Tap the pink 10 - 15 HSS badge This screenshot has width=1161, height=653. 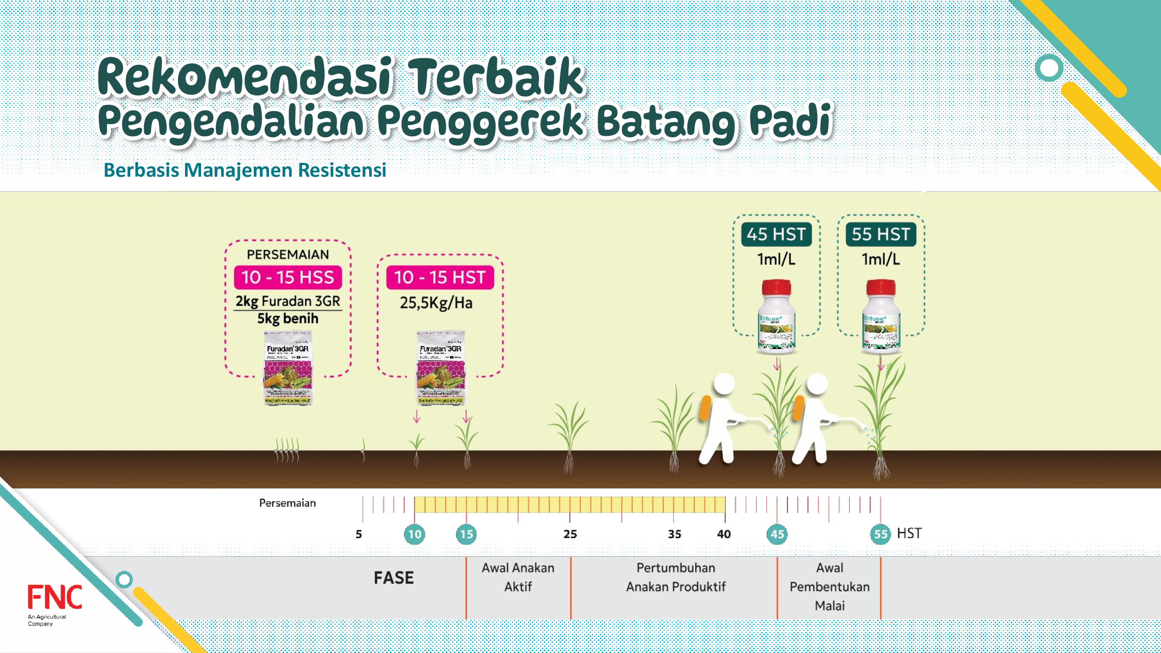coord(288,277)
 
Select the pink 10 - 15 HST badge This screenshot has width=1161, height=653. coord(440,277)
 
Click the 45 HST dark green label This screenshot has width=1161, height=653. coord(776,234)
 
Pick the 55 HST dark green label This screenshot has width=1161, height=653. coord(881,234)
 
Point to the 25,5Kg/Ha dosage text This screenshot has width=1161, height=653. coord(436,303)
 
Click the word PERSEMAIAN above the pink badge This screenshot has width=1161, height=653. coord(288,255)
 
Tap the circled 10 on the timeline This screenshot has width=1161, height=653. coord(414,535)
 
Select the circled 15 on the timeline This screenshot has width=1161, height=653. coord(466,535)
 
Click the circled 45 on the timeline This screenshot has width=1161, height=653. coord(777,535)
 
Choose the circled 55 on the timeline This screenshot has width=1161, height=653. coord(881,535)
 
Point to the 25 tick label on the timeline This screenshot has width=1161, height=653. coord(570,535)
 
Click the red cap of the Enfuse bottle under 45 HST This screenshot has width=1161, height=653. coord(776,287)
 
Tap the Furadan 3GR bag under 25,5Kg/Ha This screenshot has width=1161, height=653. coord(441,368)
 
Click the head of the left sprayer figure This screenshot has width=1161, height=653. coord(724,384)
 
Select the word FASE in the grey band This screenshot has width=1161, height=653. coord(394,578)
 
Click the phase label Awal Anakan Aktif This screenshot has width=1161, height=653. coord(518,577)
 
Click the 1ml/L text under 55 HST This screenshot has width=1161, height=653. coord(881,259)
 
